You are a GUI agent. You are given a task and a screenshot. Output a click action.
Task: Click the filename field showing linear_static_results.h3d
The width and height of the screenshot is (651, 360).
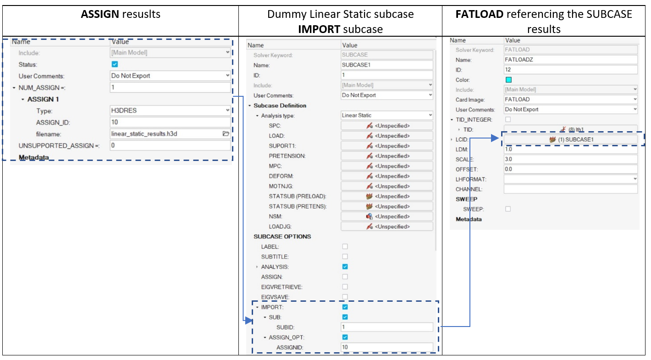tap(165, 134)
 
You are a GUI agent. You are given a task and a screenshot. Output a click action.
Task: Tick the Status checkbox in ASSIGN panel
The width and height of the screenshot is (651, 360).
tap(115, 64)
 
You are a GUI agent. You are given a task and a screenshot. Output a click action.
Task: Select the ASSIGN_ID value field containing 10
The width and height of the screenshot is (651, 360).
tap(170, 122)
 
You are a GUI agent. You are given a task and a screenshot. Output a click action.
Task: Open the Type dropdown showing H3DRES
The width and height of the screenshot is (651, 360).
tap(170, 111)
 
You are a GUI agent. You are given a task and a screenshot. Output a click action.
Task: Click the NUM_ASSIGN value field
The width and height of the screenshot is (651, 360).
tap(170, 88)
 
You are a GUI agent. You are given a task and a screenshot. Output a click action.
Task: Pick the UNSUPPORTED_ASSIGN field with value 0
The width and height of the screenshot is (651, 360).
tap(170, 145)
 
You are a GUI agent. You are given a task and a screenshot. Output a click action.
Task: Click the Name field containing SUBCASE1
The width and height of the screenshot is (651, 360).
tap(387, 65)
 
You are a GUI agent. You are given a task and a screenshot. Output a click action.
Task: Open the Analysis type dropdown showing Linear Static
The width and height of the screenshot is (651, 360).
tap(387, 116)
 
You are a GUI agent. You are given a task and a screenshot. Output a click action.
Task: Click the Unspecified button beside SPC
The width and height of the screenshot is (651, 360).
tap(387, 126)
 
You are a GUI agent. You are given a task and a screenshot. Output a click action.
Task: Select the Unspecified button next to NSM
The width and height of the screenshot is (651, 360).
tap(387, 216)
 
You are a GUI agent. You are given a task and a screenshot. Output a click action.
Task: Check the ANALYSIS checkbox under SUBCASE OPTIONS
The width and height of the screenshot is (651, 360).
tap(345, 267)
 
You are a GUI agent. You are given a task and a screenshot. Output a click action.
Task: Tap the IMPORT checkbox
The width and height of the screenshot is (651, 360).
tap(345, 307)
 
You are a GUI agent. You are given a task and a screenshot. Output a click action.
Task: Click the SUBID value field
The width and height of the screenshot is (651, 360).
tap(387, 327)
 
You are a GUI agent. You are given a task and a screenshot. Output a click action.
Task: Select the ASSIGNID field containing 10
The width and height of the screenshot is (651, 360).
tap(387, 347)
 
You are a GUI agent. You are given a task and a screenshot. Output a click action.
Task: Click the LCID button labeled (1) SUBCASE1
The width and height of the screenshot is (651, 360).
tap(570, 139)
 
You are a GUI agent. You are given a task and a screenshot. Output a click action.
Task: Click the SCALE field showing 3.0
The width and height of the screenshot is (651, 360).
tap(570, 159)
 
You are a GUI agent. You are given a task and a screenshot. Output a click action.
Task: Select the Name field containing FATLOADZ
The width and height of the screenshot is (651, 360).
tap(570, 60)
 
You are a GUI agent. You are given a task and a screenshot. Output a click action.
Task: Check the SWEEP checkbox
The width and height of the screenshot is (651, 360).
tap(508, 209)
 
